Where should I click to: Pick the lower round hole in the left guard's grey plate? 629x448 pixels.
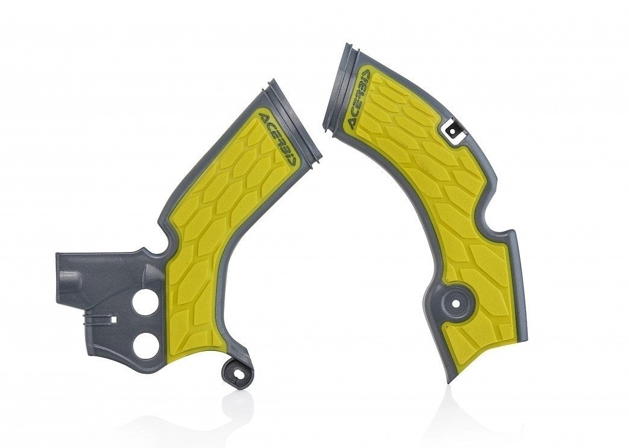(x=142, y=347)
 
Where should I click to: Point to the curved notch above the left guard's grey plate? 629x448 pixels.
(x=158, y=238)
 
